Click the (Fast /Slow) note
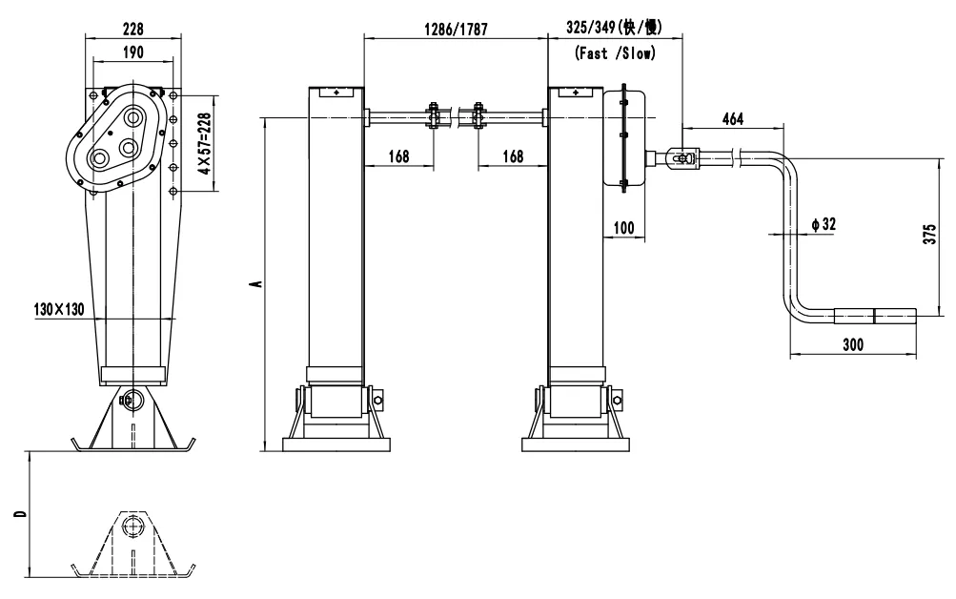[615, 54]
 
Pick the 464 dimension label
[732, 119]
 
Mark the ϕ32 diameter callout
[823, 224]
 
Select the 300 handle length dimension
[852, 345]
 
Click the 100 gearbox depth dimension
[624, 228]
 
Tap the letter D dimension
[19, 514]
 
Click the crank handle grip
[875, 314]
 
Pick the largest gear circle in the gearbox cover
[132, 117]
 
